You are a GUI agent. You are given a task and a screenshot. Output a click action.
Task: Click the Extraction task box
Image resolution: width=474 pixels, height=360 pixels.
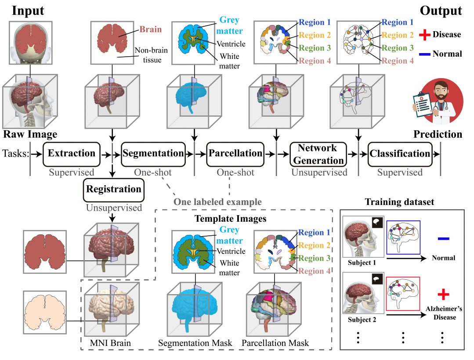(x=72, y=154)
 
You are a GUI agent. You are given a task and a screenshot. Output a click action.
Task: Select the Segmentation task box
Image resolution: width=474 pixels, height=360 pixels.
(x=153, y=154)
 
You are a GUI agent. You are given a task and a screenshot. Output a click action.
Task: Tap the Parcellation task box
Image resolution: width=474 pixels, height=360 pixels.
(x=235, y=154)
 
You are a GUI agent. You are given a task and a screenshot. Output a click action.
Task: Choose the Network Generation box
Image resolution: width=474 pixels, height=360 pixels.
(x=317, y=154)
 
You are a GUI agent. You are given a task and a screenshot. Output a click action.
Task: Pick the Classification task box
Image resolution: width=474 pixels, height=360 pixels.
(x=400, y=154)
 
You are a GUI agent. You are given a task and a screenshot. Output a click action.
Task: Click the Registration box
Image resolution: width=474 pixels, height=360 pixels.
(x=114, y=190)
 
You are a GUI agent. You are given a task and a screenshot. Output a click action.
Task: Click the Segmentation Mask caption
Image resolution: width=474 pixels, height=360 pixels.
(x=192, y=342)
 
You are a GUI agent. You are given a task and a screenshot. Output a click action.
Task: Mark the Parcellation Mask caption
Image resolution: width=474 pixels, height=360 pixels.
(x=275, y=342)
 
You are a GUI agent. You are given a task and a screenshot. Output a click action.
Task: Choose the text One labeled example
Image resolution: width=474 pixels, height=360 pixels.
(x=217, y=202)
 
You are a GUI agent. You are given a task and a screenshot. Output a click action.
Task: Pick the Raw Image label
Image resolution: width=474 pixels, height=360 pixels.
(x=30, y=134)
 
